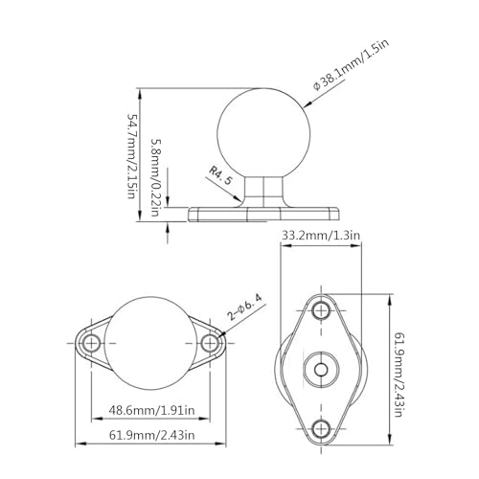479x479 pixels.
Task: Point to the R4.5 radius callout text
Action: coord(221,176)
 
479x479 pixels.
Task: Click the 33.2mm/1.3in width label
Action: coord(320,233)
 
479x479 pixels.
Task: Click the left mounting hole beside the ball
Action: coord(92,342)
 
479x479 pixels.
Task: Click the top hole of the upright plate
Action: coord(321,308)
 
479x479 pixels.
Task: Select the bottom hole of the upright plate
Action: coord(321,425)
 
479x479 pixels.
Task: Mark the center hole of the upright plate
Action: coord(321,367)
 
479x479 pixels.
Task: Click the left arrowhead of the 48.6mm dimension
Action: coord(95,418)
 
